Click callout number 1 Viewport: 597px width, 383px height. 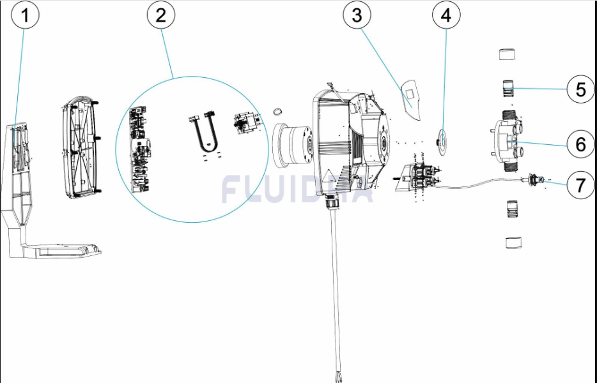coord(26,16)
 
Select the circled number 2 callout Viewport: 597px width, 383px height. coord(160,16)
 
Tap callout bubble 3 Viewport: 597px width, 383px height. coord(357,16)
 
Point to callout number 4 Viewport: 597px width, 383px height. coord(446,16)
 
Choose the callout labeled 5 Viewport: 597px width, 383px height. coord(580,89)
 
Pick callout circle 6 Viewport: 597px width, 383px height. coord(580,145)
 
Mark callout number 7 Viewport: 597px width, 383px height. coord(580,185)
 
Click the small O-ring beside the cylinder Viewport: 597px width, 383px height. coord(279,113)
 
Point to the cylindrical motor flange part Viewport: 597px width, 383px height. coord(293,146)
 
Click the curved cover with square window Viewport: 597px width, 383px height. coord(411,99)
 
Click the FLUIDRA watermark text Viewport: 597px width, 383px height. coord(297,190)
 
